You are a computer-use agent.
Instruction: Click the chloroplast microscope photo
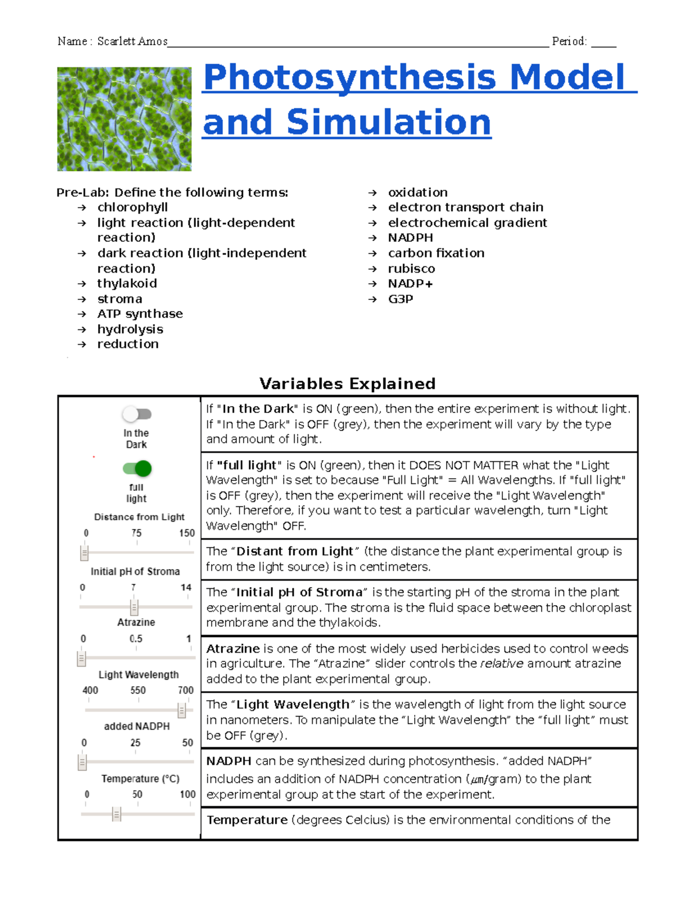(x=124, y=119)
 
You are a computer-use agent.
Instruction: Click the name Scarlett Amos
(x=132, y=41)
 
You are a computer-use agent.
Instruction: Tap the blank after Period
(x=603, y=42)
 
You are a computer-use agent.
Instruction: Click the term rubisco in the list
(x=411, y=269)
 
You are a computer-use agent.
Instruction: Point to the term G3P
(x=400, y=299)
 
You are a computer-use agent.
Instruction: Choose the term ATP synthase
(x=140, y=314)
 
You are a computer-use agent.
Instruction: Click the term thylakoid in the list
(x=127, y=283)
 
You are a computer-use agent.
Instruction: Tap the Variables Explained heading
(x=347, y=383)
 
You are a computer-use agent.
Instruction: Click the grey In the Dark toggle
(x=136, y=414)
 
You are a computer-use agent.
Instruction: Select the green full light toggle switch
(x=137, y=468)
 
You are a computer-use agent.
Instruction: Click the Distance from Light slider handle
(x=84, y=552)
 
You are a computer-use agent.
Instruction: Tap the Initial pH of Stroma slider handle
(x=134, y=607)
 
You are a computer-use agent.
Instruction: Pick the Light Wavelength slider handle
(x=182, y=710)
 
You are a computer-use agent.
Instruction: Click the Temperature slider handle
(x=117, y=814)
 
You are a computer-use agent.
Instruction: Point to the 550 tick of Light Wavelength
(x=138, y=690)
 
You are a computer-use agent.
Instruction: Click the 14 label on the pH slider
(x=186, y=587)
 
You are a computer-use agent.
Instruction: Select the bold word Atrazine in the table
(x=233, y=649)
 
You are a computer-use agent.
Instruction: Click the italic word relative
(x=501, y=664)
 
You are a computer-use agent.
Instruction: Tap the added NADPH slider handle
(x=82, y=762)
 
